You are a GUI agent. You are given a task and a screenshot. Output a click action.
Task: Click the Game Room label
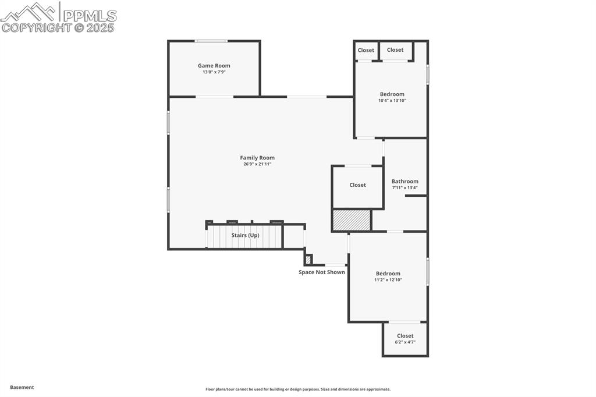click(214, 66)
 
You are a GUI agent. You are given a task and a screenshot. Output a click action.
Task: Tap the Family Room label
click(257, 158)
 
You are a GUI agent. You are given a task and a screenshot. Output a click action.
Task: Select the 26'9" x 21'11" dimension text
click(257, 164)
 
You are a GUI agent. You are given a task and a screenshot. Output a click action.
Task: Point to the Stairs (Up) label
click(245, 235)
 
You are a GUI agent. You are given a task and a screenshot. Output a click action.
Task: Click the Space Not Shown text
click(321, 272)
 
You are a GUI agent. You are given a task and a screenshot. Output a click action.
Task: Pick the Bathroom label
click(405, 182)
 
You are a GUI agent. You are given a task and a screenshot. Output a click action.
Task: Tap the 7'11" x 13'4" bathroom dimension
click(405, 187)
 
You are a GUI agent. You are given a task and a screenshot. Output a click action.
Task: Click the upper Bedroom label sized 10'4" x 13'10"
click(392, 94)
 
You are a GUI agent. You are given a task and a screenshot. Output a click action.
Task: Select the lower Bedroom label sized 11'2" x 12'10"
click(388, 274)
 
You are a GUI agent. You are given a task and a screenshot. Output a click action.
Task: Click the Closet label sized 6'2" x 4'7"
click(405, 336)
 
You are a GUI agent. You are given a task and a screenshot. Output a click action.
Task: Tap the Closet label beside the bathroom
click(357, 185)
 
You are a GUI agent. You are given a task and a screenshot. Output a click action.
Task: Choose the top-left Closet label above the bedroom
click(366, 50)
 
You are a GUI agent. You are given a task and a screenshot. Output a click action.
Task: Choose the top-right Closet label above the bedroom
click(395, 50)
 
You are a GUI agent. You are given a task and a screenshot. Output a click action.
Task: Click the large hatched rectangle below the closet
click(352, 220)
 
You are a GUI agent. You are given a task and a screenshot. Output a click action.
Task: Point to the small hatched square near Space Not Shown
click(308, 260)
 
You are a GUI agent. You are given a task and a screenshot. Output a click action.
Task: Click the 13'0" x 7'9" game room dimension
click(214, 72)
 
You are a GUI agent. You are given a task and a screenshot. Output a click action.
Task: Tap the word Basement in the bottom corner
click(22, 387)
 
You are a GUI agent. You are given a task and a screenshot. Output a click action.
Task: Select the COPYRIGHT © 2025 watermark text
click(58, 27)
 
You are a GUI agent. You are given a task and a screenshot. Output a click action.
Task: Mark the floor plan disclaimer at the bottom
click(297, 389)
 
